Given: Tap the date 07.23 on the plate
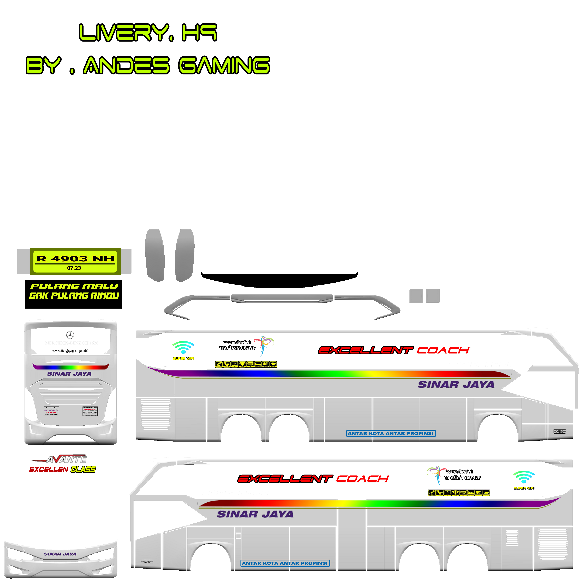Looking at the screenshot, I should click(74, 268).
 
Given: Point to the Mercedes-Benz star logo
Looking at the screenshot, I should click(70, 335).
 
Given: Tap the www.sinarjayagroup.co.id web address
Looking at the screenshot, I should click(70, 351).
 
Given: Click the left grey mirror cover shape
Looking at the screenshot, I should click(155, 255).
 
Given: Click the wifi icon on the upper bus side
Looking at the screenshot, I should click(183, 347).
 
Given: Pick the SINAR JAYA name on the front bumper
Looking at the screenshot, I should click(60, 554).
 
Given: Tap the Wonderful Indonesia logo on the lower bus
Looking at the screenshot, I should click(453, 475).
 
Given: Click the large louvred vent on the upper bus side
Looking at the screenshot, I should click(155, 414).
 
